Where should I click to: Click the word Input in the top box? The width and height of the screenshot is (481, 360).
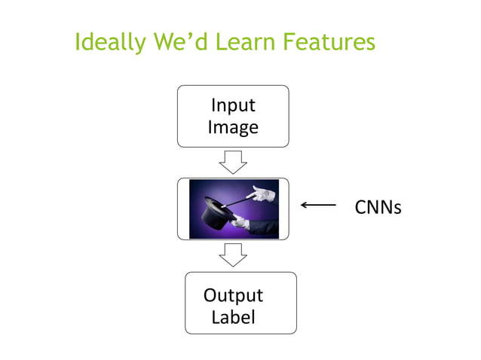[x=233, y=105]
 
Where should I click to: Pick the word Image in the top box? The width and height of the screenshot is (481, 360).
[x=233, y=127]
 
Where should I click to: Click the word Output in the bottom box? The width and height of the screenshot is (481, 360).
[x=233, y=294]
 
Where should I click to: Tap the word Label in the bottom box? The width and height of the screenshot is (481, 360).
[x=233, y=317]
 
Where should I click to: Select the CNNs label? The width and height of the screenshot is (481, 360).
[x=378, y=206]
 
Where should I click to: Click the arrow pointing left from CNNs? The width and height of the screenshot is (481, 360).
[x=318, y=204]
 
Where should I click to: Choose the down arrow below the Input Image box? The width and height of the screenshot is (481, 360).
[x=233, y=161]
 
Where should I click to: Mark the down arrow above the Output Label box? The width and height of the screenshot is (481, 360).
[x=233, y=255]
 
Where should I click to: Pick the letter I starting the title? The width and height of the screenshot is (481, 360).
[x=78, y=43]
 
